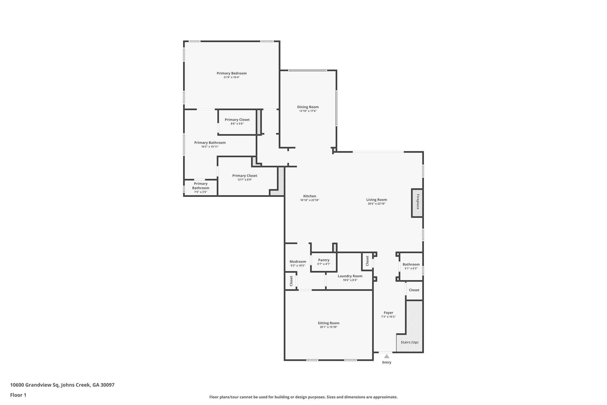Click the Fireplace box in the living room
point(417,203)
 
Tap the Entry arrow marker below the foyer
point(386,356)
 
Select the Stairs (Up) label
point(409,342)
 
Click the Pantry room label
point(324,260)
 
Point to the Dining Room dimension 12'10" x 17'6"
point(308,111)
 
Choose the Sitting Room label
point(328,323)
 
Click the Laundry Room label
point(350,276)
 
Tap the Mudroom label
point(298,261)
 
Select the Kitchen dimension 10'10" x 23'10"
point(309,200)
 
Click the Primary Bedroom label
point(231,73)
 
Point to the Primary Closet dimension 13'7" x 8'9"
point(245,180)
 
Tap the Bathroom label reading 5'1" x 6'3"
point(411,264)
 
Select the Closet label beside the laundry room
point(367,261)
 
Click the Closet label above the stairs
point(414,290)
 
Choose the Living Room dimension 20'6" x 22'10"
point(376,204)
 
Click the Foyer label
point(388,312)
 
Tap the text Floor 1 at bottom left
point(18,395)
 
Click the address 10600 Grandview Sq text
point(35,385)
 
